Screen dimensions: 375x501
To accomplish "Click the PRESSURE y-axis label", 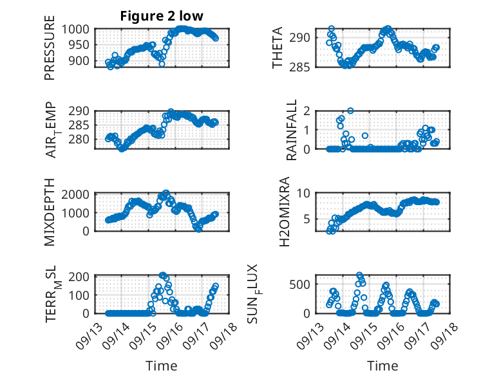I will tap(50, 52).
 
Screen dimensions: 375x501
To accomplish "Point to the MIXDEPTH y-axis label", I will tap(50, 212).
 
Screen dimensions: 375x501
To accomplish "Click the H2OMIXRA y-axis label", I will tap(291, 212).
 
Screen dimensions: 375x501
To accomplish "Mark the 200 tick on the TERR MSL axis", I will tap(81, 277).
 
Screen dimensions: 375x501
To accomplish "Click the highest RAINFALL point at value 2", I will tap(350, 111).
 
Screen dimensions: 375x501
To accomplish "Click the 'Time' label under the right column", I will tap(383, 365).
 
